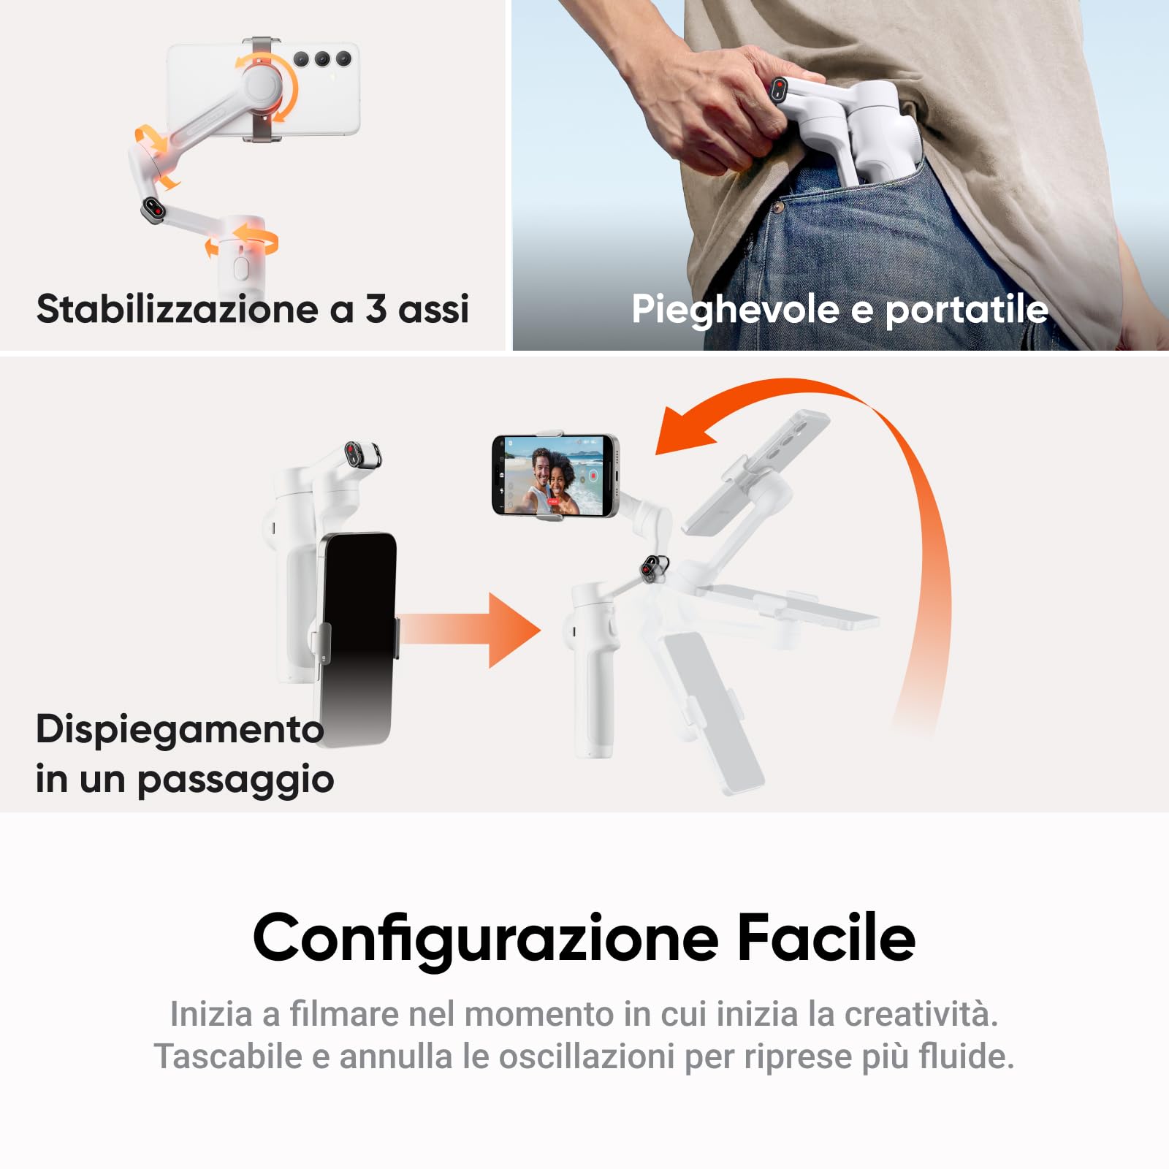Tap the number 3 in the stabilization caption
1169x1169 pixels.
pos(376,308)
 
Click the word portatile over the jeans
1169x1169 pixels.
pos(967,309)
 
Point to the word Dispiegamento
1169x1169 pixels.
pos(179,729)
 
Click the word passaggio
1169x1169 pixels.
pos(235,780)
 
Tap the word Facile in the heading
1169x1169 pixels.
pos(826,938)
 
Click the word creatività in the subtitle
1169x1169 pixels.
pos(921,1014)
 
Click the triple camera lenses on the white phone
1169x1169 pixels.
pos(321,59)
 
